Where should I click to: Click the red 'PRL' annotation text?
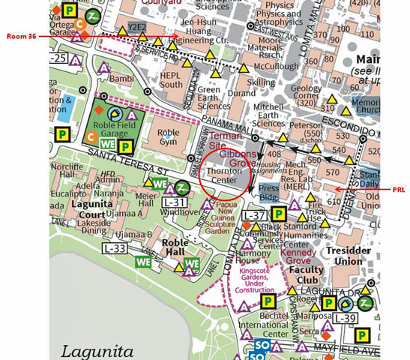(398, 190)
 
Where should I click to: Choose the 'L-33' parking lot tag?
(115, 248)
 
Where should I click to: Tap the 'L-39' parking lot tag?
(344, 318)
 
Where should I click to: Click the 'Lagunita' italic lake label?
(98, 349)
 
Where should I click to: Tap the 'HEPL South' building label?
(171, 79)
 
